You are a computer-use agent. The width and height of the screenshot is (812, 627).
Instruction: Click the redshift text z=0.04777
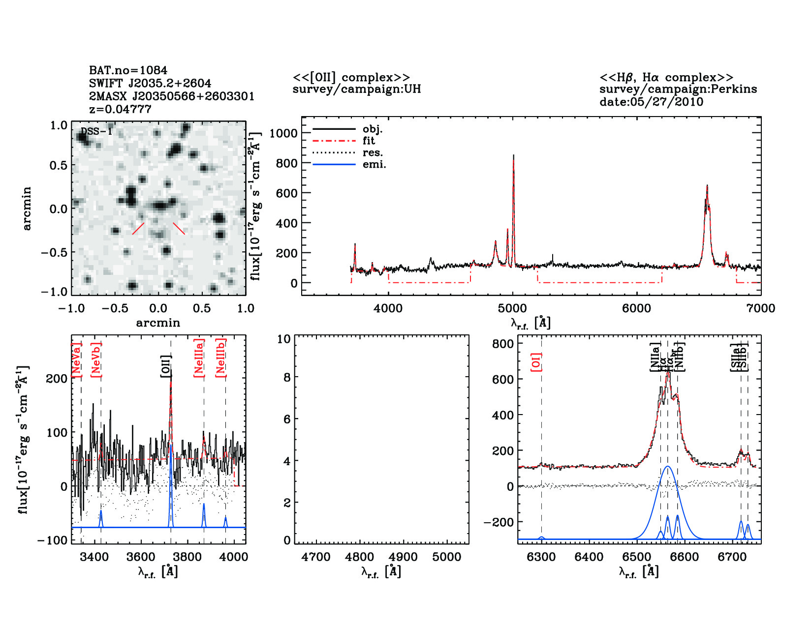click(120, 109)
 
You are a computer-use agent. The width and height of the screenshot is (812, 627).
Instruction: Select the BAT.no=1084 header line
click(128, 70)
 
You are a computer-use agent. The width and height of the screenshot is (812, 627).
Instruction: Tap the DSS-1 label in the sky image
click(96, 132)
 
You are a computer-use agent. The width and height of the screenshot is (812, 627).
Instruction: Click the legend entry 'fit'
click(369, 141)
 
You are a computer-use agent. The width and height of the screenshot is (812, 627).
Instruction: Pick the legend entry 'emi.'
click(374, 165)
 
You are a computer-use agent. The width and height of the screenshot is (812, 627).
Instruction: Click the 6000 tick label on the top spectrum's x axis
click(636, 308)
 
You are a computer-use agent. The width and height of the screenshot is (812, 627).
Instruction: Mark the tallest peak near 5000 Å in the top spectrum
click(513, 156)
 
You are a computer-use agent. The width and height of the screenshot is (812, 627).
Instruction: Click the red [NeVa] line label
click(76, 360)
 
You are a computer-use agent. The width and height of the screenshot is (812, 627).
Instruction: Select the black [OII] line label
click(166, 366)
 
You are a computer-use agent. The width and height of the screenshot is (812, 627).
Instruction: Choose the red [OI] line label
click(536, 362)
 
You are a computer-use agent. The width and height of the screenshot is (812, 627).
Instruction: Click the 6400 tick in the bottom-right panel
click(589, 557)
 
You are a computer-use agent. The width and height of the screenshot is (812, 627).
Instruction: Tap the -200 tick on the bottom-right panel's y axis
click(499, 522)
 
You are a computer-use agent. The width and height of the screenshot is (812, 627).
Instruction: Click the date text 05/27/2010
click(651, 102)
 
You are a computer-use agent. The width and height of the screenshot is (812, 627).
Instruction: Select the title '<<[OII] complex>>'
click(351, 78)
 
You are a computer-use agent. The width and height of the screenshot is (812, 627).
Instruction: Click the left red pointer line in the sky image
click(138, 229)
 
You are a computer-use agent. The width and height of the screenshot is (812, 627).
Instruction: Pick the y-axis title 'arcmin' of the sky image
click(27, 209)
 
